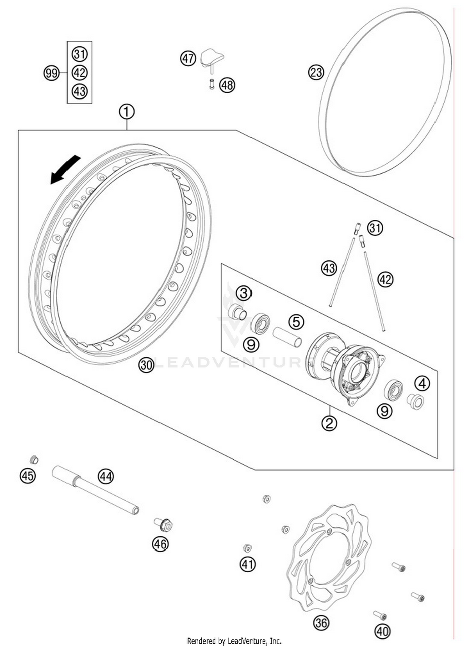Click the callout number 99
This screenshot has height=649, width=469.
(51, 73)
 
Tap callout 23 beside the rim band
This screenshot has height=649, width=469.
(316, 72)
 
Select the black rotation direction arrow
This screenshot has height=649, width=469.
(65, 170)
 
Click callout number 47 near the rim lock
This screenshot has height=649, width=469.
(188, 59)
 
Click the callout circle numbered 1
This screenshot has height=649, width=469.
(127, 112)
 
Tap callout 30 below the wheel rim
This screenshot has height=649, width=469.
(146, 365)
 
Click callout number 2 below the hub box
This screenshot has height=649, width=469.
(329, 423)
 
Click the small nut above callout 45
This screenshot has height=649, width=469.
(34, 460)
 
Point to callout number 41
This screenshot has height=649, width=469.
(248, 564)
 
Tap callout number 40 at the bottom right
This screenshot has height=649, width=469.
(382, 631)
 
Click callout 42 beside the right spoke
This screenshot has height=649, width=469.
(385, 279)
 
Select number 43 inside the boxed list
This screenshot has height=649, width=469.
(80, 92)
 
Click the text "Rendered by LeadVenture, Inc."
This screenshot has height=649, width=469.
(234, 641)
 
